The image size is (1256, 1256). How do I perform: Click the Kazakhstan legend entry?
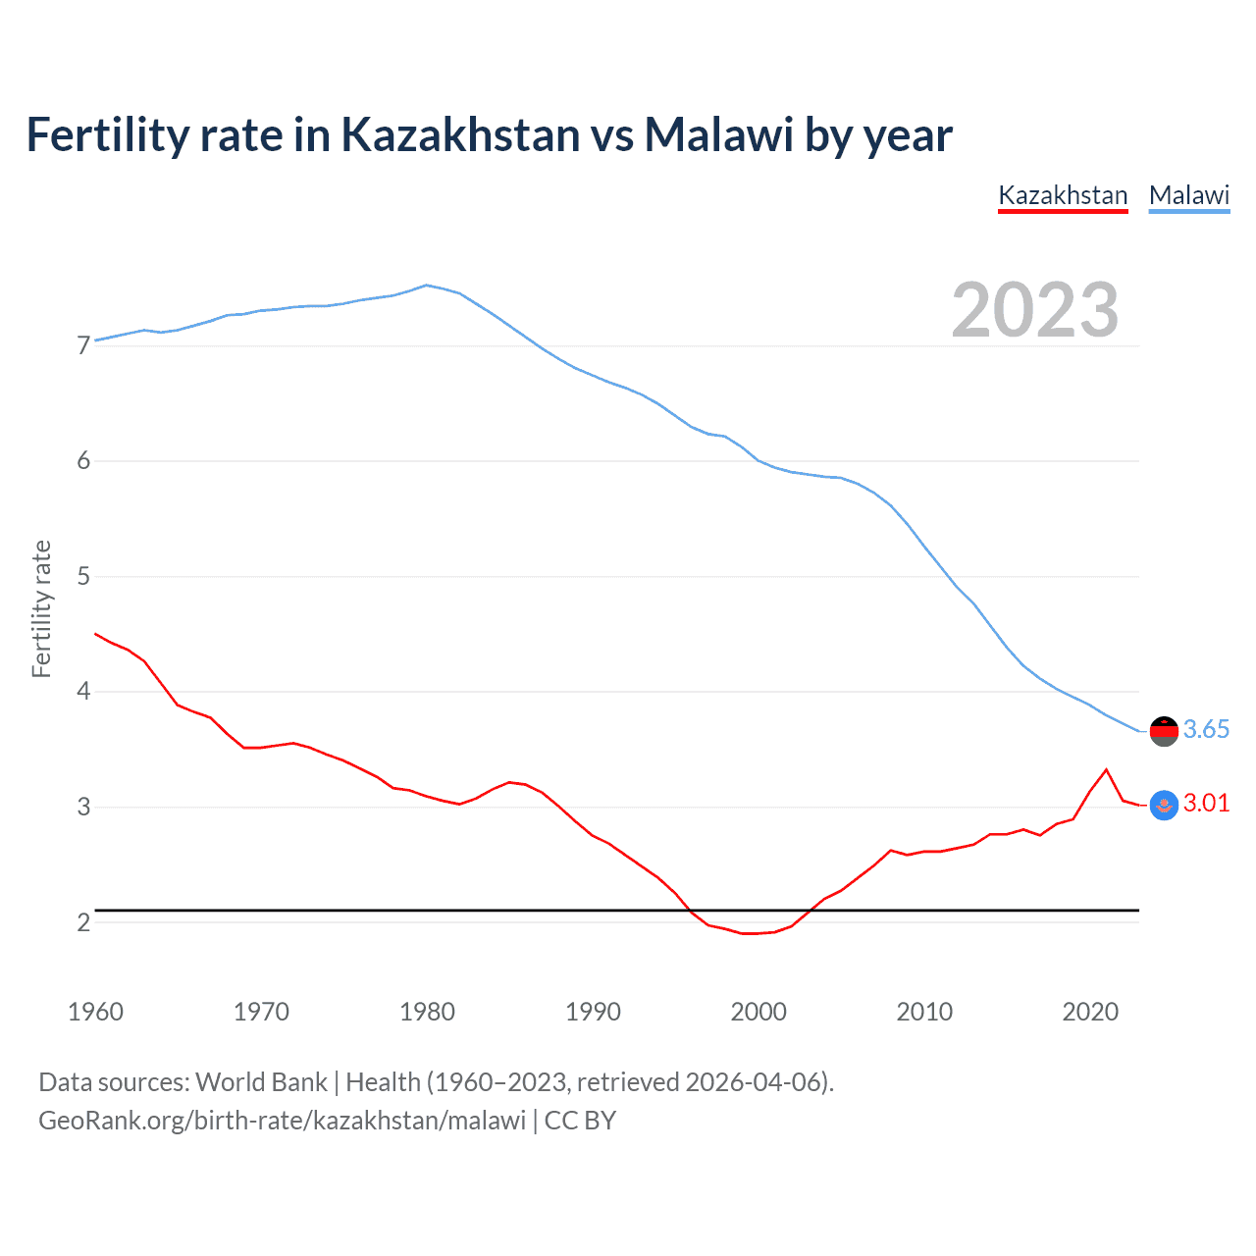(x=1063, y=195)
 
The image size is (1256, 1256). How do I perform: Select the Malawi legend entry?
(x=1189, y=195)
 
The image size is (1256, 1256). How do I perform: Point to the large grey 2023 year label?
(x=1035, y=310)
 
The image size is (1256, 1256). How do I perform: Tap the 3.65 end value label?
(x=1206, y=729)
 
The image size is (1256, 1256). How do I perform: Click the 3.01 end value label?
(x=1206, y=803)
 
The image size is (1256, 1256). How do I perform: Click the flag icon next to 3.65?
(x=1164, y=731)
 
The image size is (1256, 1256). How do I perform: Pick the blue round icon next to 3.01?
(x=1164, y=806)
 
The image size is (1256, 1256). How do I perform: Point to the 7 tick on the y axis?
(x=83, y=345)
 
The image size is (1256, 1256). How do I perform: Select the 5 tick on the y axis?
(x=83, y=576)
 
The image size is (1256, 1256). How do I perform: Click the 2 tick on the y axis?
(x=83, y=922)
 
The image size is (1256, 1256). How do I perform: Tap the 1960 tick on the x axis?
(x=95, y=1012)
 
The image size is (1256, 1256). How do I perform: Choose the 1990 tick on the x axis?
(x=593, y=1012)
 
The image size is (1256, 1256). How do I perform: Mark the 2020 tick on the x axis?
(x=1090, y=1012)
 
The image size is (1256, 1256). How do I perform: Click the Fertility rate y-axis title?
(x=41, y=608)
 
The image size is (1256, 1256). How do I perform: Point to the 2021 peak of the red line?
(x=1107, y=769)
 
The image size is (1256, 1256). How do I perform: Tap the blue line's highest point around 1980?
(x=426, y=286)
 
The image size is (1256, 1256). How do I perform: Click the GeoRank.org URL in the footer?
(x=283, y=1121)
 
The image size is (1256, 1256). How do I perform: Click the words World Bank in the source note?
(x=261, y=1082)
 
